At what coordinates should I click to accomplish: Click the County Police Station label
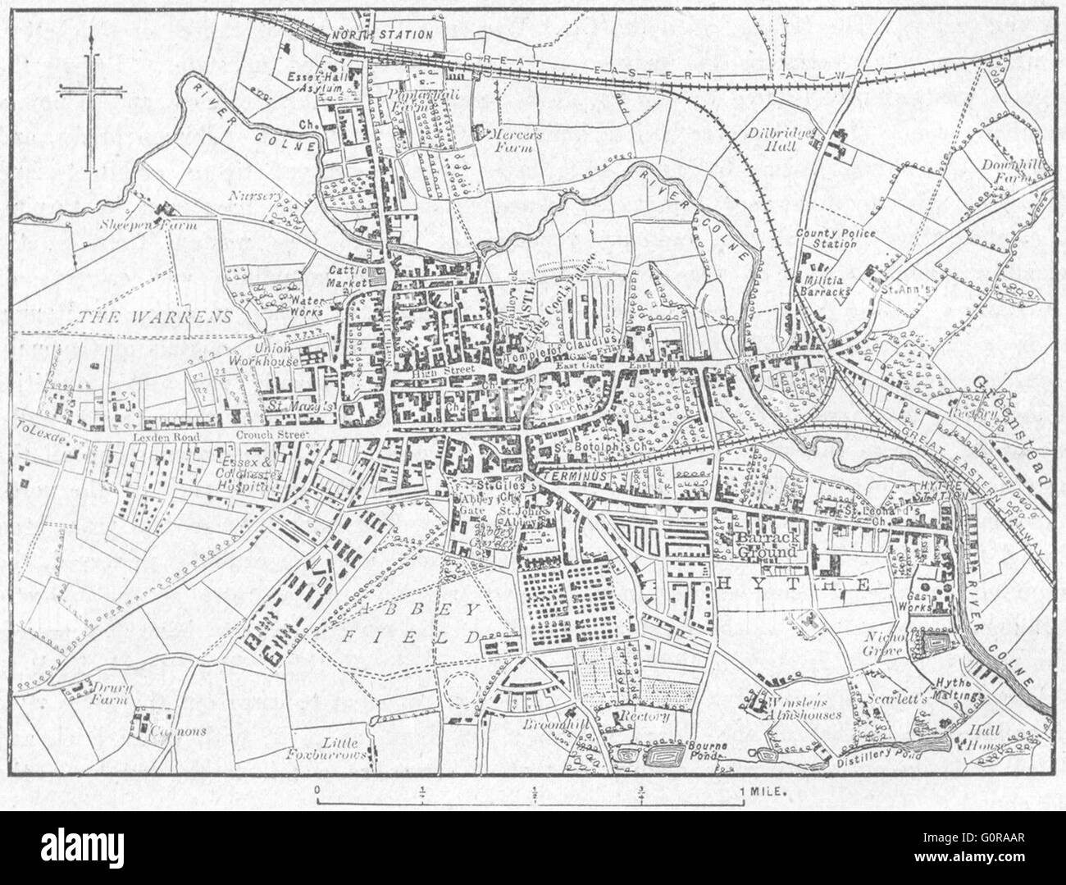coord(836,240)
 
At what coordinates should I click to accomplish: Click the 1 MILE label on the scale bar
coord(764,793)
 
